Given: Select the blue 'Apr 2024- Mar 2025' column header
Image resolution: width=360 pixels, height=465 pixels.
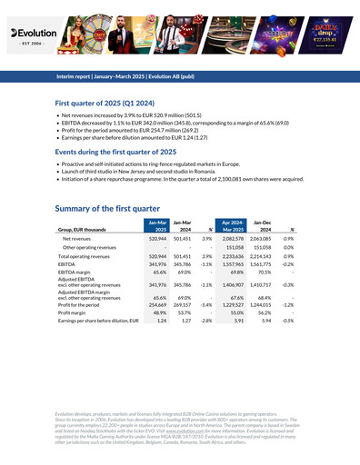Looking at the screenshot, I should tap(232, 226).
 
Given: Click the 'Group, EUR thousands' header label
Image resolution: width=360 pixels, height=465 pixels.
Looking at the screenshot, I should tap(85, 230).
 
